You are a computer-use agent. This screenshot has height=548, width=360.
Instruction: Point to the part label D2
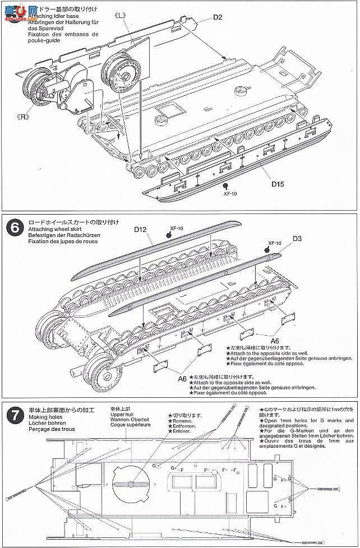[x=218, y=17]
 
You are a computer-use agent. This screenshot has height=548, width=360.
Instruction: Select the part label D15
[x=279, y=182]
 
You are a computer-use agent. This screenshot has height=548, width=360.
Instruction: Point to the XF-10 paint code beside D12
[x=177, y=228]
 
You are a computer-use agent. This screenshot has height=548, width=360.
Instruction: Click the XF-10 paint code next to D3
[x=274, y=243]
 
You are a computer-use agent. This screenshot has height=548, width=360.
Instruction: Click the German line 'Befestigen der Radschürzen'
[x=57, y=235]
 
